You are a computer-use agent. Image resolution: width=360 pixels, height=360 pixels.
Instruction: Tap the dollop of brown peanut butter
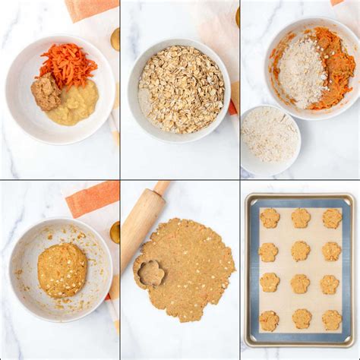coord(46,93)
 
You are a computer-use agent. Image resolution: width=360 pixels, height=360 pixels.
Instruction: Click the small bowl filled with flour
coord(269,137)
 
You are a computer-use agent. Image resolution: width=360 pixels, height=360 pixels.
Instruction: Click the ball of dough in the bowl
coord(62,270)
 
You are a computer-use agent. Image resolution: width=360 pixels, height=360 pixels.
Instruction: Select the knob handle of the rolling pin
coord(162,188)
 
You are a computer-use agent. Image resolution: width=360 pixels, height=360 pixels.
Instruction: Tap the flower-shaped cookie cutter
coord(149,273)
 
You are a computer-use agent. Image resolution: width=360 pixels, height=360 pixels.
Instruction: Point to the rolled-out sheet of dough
coord(190,270)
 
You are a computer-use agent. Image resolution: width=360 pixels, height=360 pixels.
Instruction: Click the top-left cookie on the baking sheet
coord(269,218)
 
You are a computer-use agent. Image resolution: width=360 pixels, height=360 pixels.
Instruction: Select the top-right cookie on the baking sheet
coord(332,218)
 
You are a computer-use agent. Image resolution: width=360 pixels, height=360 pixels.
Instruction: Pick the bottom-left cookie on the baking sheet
coord(269,321)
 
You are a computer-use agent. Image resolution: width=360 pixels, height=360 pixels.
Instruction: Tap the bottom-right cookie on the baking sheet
coord(331,320)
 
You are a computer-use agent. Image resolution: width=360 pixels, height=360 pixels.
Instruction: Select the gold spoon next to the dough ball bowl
coord(115,232)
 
